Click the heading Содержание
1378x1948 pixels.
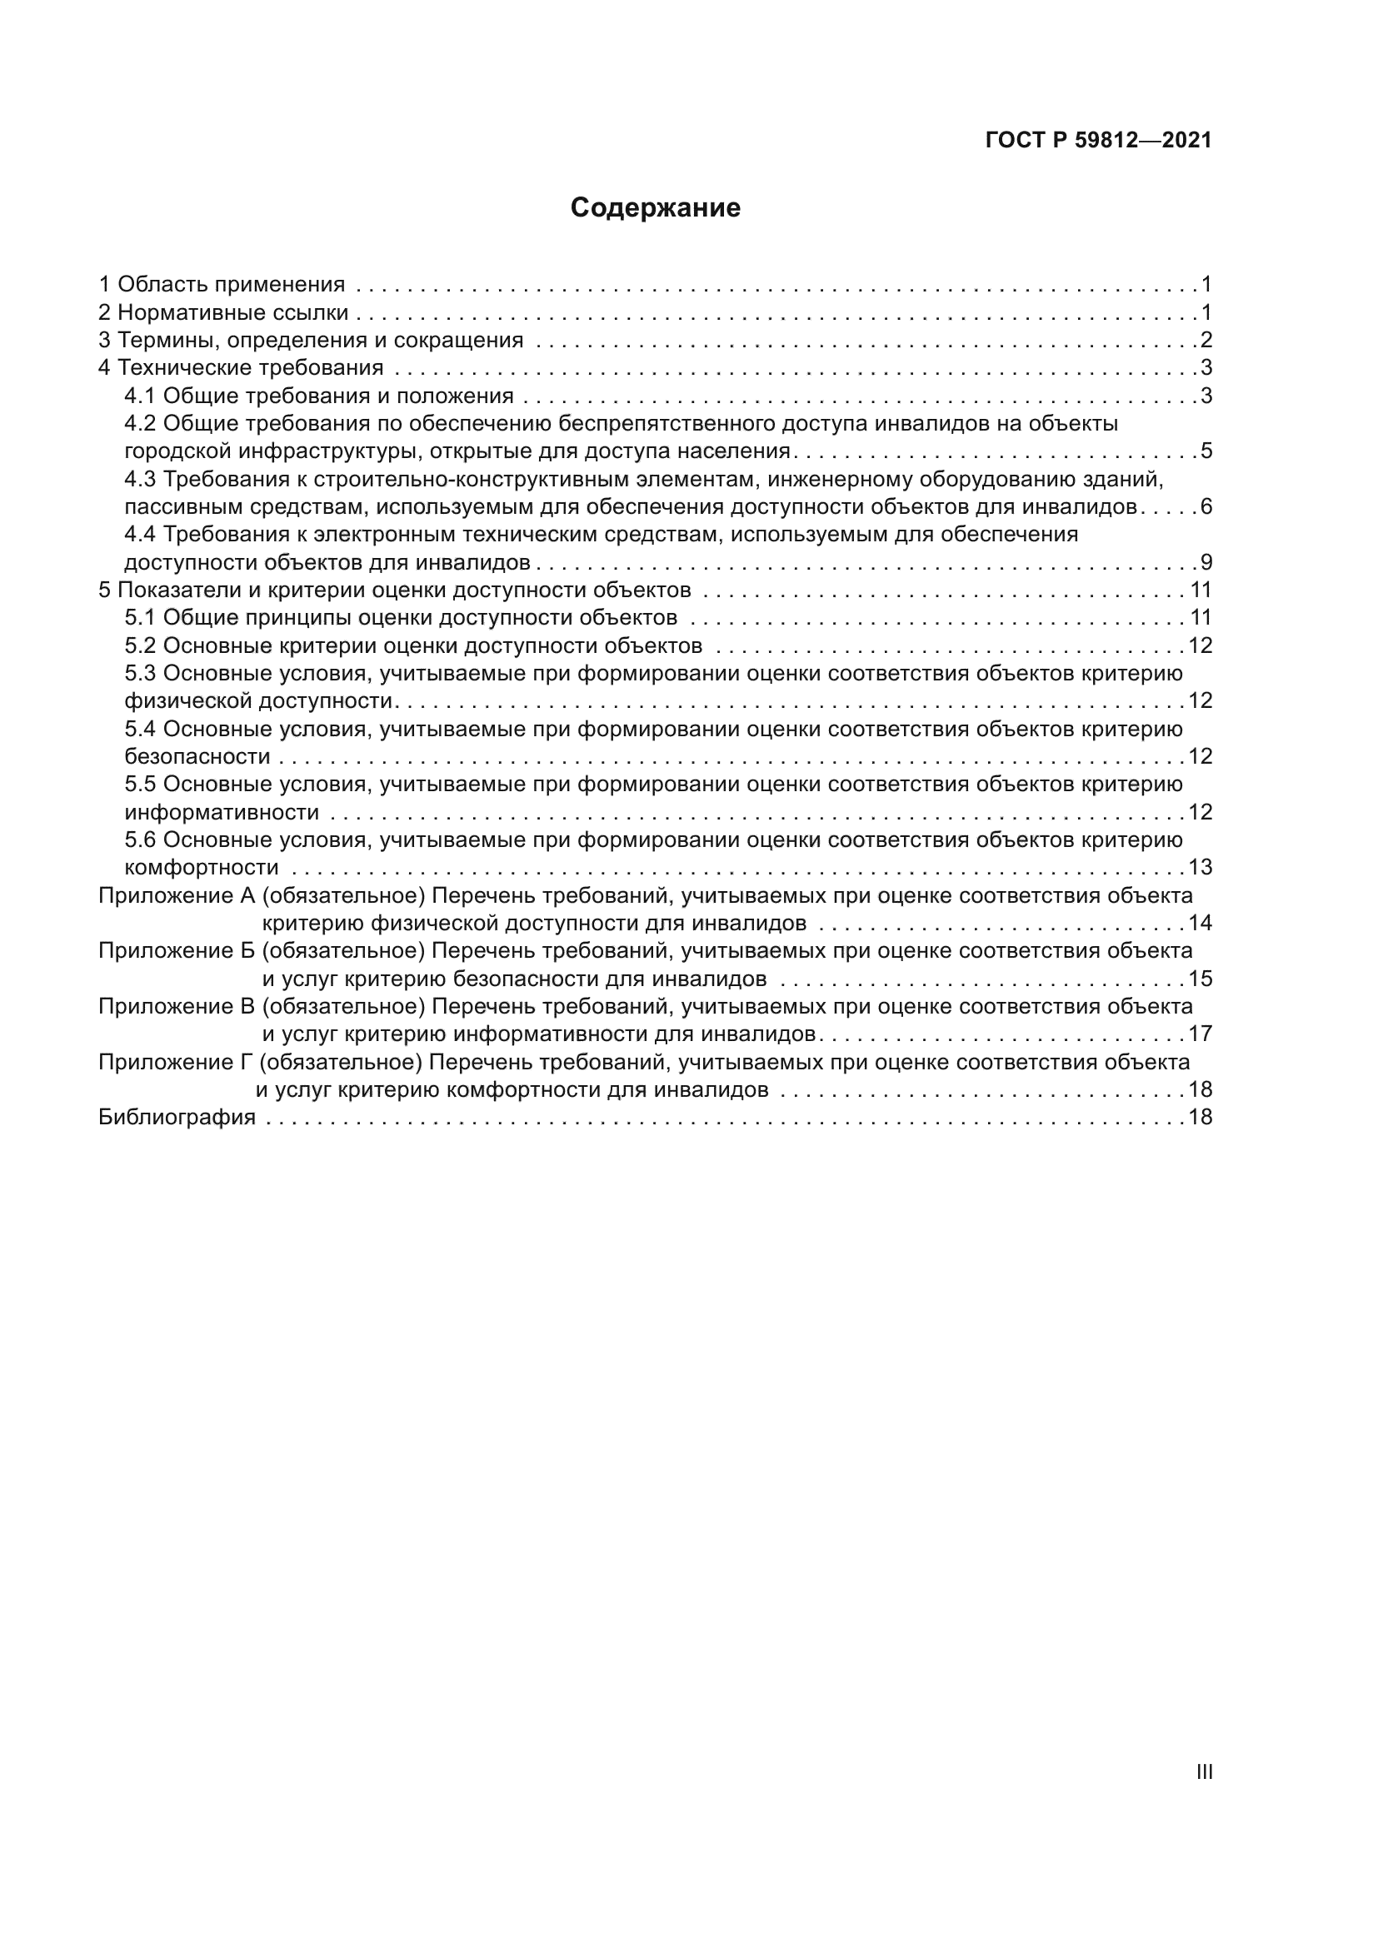tap(655, 208)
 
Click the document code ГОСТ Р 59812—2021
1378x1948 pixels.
tap(1098, 141)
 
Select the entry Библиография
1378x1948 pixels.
tap(177, 1118)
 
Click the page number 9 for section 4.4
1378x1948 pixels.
tap(1206, 562)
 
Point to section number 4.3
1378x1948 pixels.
tap(140, 480)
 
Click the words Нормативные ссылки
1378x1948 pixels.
tap(232, 313)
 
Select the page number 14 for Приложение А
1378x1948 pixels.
tap(1200, 923)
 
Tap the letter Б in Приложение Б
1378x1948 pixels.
tap(247, 950)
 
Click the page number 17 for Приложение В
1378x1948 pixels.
tap(1200, 1034)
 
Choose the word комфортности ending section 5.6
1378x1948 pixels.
tap(201, 868)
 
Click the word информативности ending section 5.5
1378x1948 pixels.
tap(222, 813)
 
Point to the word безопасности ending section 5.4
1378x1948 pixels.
tap(197, 757)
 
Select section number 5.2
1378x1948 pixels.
tap(140, 646)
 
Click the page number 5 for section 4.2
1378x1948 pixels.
tap(1206, 451)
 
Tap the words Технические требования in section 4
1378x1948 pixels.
tap(250, 368)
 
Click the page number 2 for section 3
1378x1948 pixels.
tap(1206, 341)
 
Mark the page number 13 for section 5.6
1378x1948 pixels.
tap(1200, 868)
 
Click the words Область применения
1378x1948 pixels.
tap(231, 285)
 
